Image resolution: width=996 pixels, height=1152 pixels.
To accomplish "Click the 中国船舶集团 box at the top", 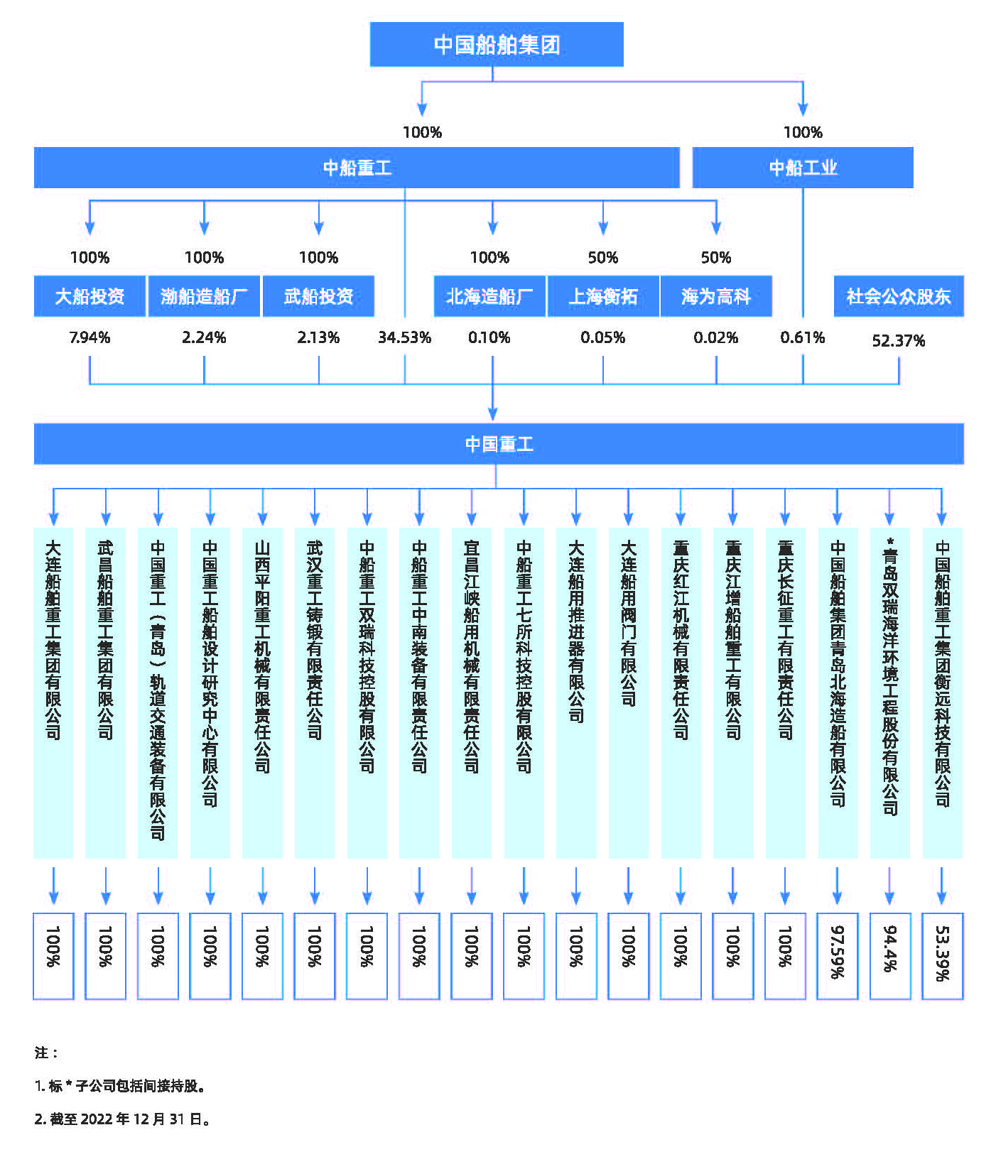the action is tap(497, 44).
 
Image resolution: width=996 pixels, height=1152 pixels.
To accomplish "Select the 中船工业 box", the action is tap(803, 168).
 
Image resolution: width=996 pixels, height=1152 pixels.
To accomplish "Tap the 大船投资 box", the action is tap(90, 296).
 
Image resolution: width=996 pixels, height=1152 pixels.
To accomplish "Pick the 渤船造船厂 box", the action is tap(204, 296).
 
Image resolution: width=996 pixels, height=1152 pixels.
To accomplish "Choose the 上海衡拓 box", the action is tap(603, 296).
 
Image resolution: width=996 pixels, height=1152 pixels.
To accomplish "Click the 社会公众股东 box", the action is tap(899, 296).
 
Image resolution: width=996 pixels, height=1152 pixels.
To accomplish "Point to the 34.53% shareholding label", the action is tap(404, 337).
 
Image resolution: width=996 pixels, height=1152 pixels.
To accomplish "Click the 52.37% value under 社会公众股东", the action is tap(899, 341).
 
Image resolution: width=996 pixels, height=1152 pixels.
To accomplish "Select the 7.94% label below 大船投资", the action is tap(90, 337).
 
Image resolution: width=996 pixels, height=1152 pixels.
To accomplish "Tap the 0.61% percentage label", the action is tap(803, 337).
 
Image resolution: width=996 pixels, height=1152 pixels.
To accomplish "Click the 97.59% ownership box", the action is tap(838, 956).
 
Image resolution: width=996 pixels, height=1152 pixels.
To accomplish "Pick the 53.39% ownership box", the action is tap(943, 956).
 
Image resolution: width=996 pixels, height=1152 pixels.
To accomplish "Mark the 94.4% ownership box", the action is tap(890, 956).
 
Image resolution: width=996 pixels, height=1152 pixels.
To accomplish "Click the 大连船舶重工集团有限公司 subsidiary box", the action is tap(53, 693).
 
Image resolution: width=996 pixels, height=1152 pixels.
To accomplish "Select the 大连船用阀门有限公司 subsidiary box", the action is tap(629, 693).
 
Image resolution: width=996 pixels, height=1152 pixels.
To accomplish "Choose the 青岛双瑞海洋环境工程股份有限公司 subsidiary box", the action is tap(890, 693).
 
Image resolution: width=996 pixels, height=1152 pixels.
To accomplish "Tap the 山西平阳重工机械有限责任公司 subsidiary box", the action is tap(262, 693).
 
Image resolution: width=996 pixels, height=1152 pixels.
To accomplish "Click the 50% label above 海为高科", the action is tap(716, 257).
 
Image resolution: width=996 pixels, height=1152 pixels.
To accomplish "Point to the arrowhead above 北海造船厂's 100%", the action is tap(492, 228).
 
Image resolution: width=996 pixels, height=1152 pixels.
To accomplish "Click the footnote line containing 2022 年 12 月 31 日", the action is tap(123, 1119).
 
